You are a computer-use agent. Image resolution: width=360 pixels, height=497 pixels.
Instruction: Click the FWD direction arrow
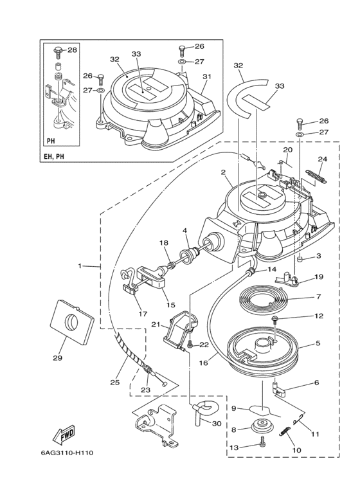pos(63,433)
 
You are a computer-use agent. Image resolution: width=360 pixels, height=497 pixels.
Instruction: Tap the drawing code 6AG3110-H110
pos(67,453)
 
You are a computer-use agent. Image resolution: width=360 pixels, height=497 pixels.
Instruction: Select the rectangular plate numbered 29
pos(71,321)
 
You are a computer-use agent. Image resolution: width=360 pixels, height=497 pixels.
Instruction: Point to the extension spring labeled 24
pos(316,177)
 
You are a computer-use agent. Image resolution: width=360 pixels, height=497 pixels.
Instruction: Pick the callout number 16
pos(203,362)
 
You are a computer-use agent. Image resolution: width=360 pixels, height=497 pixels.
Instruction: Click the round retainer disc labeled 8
pos(262,426)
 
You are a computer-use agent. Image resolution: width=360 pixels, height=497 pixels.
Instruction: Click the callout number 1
pos(80,266)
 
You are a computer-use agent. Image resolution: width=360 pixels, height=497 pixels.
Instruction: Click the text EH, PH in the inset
pos(55,156)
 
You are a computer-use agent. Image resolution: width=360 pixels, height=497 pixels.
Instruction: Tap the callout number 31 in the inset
pos(207,77)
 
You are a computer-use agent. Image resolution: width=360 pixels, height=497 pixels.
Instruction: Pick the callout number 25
pos(114,383)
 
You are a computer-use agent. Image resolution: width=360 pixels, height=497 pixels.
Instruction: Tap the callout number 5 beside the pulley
pos(318,343)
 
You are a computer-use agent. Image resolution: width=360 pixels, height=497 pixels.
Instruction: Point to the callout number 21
pos(155,324)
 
